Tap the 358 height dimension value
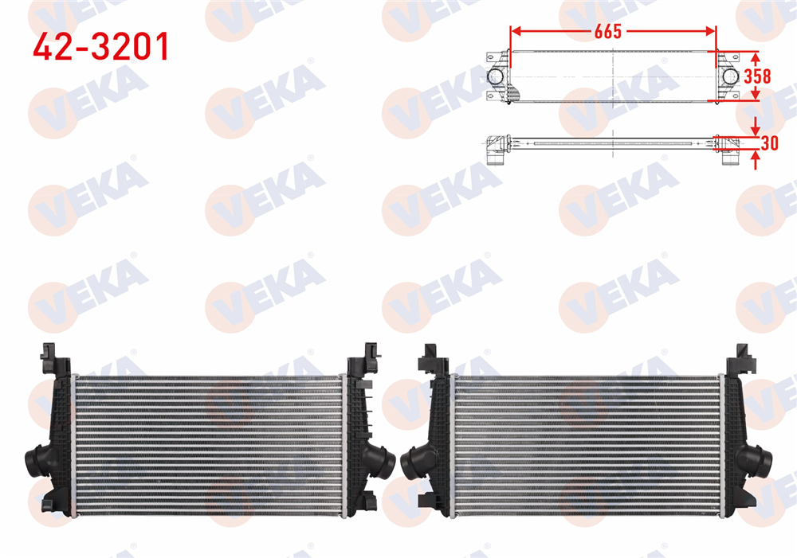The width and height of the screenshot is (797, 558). point(757,76)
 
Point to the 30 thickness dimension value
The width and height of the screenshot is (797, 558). point(769,144)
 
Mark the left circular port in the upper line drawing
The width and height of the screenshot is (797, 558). point(495,76)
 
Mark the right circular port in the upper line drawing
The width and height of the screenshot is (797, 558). point(730,76)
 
